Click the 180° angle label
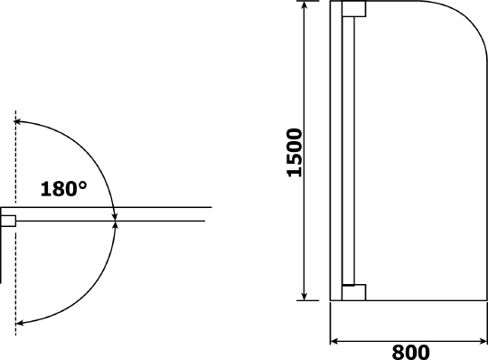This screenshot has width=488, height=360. coord(64,189)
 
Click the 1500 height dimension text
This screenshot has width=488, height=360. coord(295,153)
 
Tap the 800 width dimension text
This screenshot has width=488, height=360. coord(410,352)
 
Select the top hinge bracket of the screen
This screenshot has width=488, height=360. coord(354,9)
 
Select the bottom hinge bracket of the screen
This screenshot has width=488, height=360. coord(354,292)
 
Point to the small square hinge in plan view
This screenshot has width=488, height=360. coord(8,221)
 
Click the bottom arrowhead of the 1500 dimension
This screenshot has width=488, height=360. coord(305,297)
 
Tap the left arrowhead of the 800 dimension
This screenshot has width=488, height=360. coord(334,342)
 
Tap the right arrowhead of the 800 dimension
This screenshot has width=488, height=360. coord(483,342)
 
